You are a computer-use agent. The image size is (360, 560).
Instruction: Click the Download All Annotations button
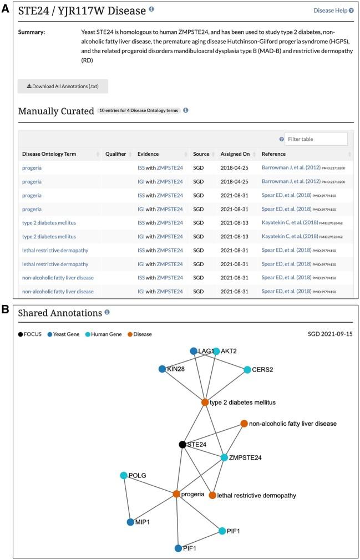(63, 86)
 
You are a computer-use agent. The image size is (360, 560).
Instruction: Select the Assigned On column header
(235, 154)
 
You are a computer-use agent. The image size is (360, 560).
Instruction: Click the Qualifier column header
(116, 154)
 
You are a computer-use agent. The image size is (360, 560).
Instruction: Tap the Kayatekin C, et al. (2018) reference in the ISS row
(290, 222)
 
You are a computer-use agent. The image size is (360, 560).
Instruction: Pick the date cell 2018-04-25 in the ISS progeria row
(235, 167)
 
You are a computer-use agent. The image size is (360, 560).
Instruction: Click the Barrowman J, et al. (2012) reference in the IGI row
(290, 181)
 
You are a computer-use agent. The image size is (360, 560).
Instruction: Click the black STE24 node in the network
(182, 444)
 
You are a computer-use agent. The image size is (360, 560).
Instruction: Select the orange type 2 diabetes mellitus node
(205, 402)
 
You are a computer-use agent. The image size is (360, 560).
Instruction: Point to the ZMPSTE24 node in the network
(224, 457)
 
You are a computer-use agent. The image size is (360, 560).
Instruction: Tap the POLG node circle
(124, 475)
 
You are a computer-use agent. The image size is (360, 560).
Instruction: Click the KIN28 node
(162, 369)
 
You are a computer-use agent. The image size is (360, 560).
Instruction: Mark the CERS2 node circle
(248, 369)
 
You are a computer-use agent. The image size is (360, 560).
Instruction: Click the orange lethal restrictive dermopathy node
(212, 495)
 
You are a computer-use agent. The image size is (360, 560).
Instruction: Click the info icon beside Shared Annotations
(107, 312)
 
